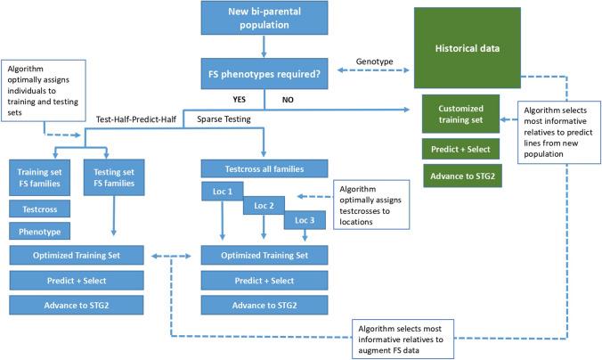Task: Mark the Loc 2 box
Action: tap(264, 206)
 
